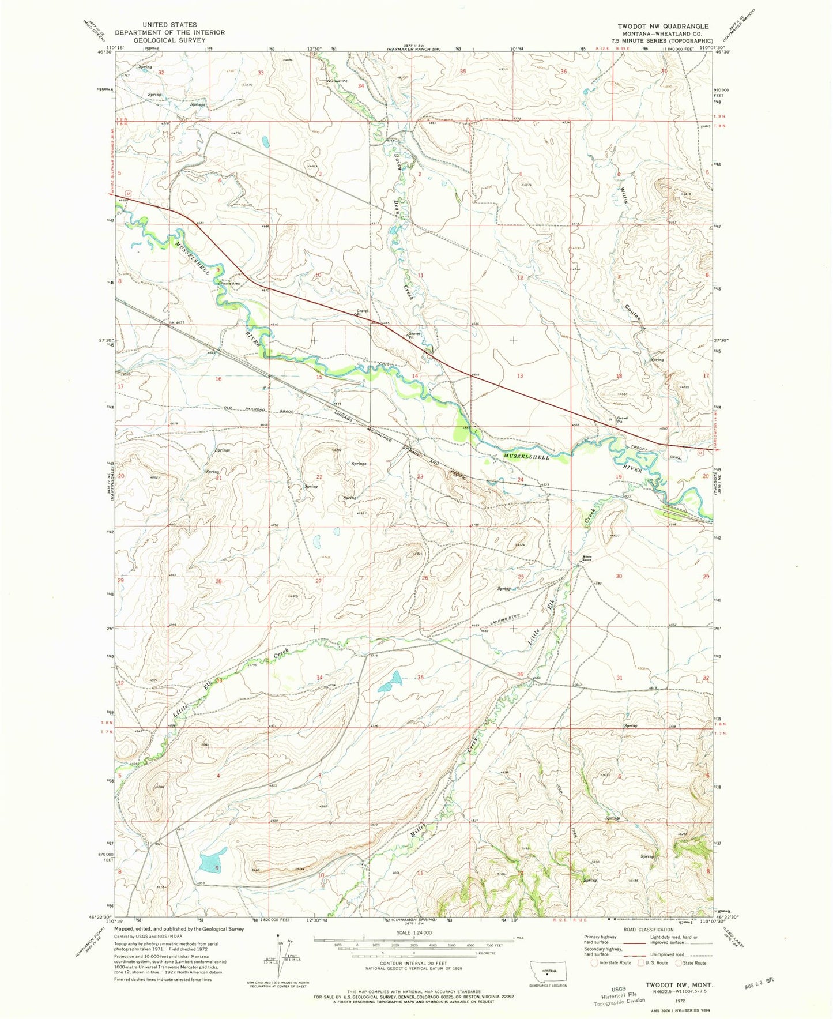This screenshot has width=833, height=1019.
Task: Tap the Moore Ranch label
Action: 586,558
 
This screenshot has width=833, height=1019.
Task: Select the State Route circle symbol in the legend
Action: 679,962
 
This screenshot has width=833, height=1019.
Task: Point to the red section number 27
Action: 318,581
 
